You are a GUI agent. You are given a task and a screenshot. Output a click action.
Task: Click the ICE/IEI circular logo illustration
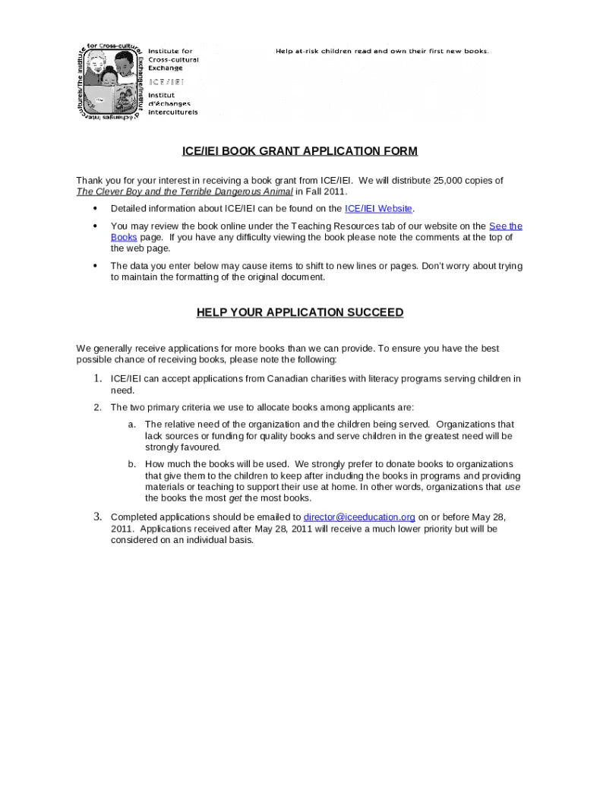coord(110,81)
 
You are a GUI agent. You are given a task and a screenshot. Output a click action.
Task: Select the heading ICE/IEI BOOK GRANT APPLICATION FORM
coord(299,151)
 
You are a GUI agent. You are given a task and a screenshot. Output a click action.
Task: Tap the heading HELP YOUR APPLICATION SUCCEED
coord(299,312)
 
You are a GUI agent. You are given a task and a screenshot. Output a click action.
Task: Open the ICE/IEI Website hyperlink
coord(378,209)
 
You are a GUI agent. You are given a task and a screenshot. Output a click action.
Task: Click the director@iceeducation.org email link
coord(358,517)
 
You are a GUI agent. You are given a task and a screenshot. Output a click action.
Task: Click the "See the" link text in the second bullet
coord(505,226)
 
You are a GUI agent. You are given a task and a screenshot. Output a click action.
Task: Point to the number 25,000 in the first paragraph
coord(450,181)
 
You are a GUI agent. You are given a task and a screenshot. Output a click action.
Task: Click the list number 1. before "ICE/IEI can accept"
coord(98,378)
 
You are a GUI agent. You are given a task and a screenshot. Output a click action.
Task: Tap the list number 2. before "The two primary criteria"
coord(98,407)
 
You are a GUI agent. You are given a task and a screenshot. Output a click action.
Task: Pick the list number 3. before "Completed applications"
coord(98,517)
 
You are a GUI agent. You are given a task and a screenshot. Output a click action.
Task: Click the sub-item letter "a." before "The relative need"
coord(132,425)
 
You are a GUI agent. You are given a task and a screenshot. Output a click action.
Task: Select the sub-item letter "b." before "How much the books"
coord(132,464)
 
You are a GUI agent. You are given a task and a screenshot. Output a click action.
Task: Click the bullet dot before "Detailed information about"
coord(95,209)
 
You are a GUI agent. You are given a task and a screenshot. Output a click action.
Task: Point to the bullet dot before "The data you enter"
coord(95,266)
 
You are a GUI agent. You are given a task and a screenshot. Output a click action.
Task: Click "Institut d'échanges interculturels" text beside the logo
coord(172,104)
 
